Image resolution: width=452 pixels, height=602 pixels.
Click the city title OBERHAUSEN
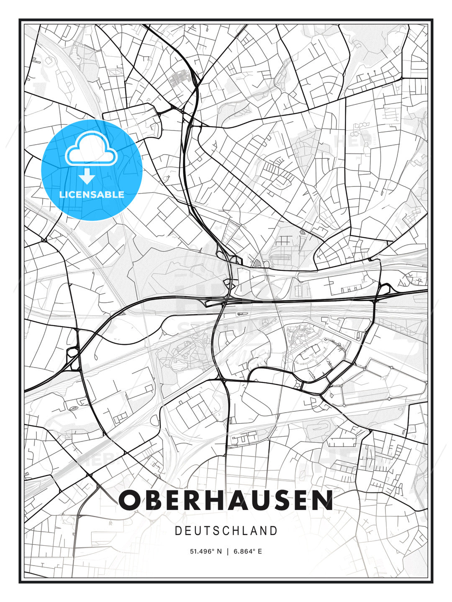tap(226, 500)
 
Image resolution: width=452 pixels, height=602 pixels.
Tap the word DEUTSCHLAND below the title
tap(226, 531)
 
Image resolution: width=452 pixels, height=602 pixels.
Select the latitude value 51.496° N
tap(206, 551)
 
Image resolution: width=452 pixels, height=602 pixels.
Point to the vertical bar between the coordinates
tap(228, 551)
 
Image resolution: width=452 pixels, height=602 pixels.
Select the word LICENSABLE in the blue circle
tap(92, 194)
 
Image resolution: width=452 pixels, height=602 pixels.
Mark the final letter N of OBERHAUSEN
tap(323, 500)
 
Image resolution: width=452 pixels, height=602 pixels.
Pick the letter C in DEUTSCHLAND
tap(227, 531)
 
